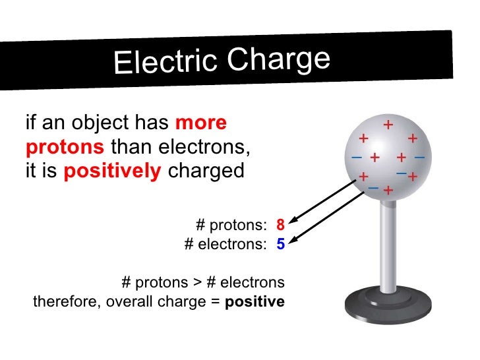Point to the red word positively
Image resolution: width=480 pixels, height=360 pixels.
coord(113,171)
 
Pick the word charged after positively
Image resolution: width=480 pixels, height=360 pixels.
coord(206,171)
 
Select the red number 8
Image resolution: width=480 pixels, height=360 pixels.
coord(280,224)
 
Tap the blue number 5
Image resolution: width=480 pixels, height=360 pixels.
coord(280,245)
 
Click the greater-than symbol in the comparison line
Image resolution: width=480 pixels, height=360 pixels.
coord(196,283)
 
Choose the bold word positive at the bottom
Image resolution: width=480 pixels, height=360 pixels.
coord(255,303)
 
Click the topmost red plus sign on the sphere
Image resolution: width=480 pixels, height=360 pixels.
coord(388,124)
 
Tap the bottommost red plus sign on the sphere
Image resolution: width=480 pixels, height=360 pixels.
coord(388,191)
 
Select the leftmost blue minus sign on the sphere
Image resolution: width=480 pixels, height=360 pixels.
coord(356,158)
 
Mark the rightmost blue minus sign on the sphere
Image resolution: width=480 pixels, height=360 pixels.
coord(419,158)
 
